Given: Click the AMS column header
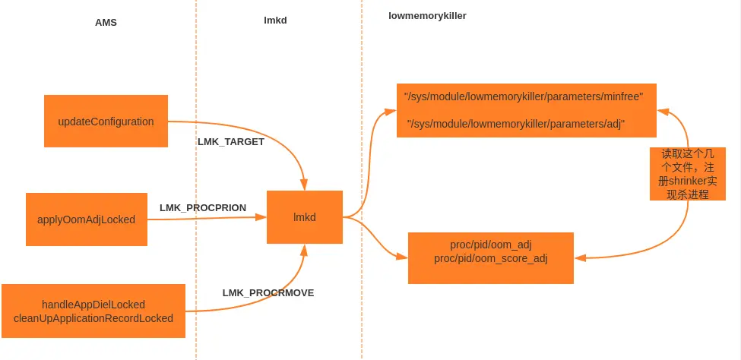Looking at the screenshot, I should pyautogui.click(x=106, y=23).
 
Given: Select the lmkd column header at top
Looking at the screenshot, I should pyautogui.click(x=274, y=21).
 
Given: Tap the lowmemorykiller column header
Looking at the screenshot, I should pyautogui.click(x=427, y=15).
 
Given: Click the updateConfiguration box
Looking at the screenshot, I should pyautogui.click(x=106, y=122).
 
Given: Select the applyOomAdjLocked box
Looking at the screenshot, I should pyautogui.click(x=86, y=219).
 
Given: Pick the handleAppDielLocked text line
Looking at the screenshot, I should pyautogui.click(x=93, y=305).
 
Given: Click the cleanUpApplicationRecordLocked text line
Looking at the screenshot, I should pyautogui.click(x=93, y=318).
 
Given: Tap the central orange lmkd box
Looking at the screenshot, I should pyautogui.click(x=304, y=217).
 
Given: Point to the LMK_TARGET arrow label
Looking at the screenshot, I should pyautogui.click(x=231, y=142).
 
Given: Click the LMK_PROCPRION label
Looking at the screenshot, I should pyautogui.click(x=203, y=207).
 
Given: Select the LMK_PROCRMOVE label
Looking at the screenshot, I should pyautogui.click(x=268, y=292).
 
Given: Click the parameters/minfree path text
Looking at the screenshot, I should pyautogui.click(x=524, y=97).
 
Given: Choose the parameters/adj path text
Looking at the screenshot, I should pyautogui.click(x=516, y=123).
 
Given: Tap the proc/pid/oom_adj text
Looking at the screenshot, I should pyautogui.click(x=490, y=245).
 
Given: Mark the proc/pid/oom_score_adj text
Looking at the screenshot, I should pyautogui.click(x=490, y=258).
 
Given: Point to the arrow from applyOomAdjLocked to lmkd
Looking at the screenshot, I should pyautogui.click(x=205, y=219).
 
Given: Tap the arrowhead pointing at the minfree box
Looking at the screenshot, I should pyautogui.click(x=662, y=112).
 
